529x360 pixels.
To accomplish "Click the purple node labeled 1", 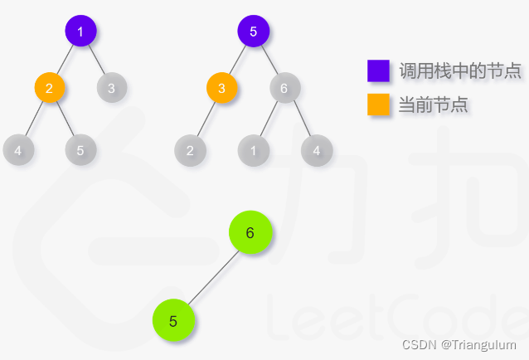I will point(80,32).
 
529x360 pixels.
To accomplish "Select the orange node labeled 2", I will point(50,87).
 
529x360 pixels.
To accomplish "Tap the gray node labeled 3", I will point(111,87).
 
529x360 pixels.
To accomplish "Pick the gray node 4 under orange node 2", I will point(18,150).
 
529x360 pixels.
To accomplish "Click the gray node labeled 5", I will point(80,150).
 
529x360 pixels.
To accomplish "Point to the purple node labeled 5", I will point(253,32).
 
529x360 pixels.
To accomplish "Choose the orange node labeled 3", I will point(221,87).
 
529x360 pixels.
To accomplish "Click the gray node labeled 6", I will point(284,87).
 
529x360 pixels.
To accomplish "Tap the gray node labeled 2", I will point(190,150).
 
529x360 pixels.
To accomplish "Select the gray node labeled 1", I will point(253,150).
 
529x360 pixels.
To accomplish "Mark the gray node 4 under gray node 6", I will point(316,150).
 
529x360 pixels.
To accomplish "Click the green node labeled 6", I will point(250,234).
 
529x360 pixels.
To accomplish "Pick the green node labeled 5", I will point(173,321).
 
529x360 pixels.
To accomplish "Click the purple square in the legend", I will point(378,71).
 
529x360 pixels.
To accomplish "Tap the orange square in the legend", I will point(378,105).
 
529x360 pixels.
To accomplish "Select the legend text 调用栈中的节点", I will point(460,71).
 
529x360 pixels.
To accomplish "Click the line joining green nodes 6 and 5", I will point(212,277).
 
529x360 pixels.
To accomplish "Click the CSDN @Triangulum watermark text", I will point(459,344).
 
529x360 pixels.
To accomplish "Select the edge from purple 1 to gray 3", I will point(97,60).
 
